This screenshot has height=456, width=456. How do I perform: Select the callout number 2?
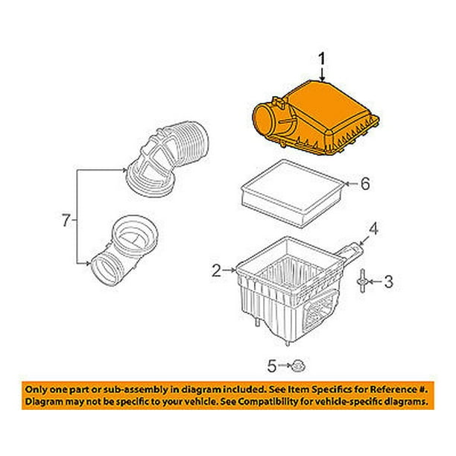point(216,272)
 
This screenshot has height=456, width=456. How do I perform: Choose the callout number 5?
point(273,364)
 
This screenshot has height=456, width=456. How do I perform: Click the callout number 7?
point(66,220)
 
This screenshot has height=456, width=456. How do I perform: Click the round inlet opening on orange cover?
point(266,118)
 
